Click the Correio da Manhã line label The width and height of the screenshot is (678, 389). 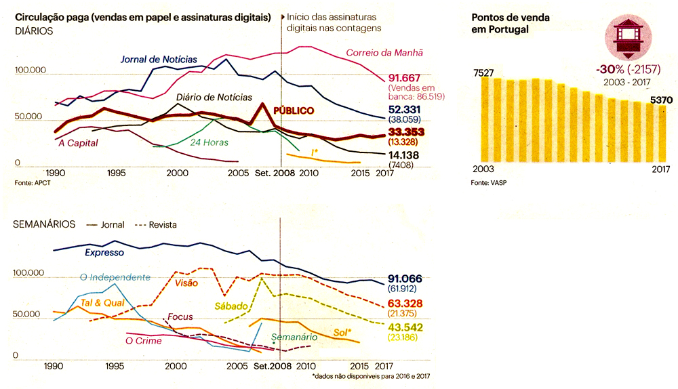[x=384, y=52]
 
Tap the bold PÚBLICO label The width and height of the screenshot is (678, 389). [x=294, y=110]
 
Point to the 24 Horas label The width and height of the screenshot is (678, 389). [x=209, y=142]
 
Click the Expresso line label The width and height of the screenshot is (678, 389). [x=104, y=253]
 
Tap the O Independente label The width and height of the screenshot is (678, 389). [x=115, y=277]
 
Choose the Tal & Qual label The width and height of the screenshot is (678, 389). [x=103, y=303]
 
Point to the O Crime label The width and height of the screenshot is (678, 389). [x=144, y=341]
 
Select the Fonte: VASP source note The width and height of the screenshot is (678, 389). [x=488, y=184]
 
